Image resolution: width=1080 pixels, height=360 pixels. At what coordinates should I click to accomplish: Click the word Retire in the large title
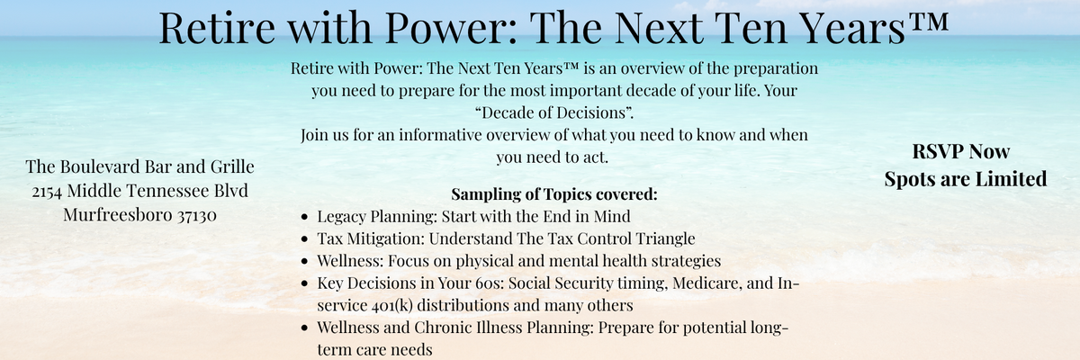point(217,28)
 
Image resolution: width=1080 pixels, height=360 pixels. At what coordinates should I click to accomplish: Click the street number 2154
point(47,192)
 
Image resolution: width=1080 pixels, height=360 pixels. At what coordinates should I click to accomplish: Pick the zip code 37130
point(197,215)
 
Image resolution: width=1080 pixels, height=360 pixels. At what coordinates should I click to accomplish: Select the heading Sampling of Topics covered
point(554,194)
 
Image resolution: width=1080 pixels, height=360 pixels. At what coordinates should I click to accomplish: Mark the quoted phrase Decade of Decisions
point(554,112)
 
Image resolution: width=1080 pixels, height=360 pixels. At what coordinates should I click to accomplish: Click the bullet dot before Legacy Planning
point(304,217)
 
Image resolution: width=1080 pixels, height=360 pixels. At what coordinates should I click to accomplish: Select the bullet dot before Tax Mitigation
point(304,239)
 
